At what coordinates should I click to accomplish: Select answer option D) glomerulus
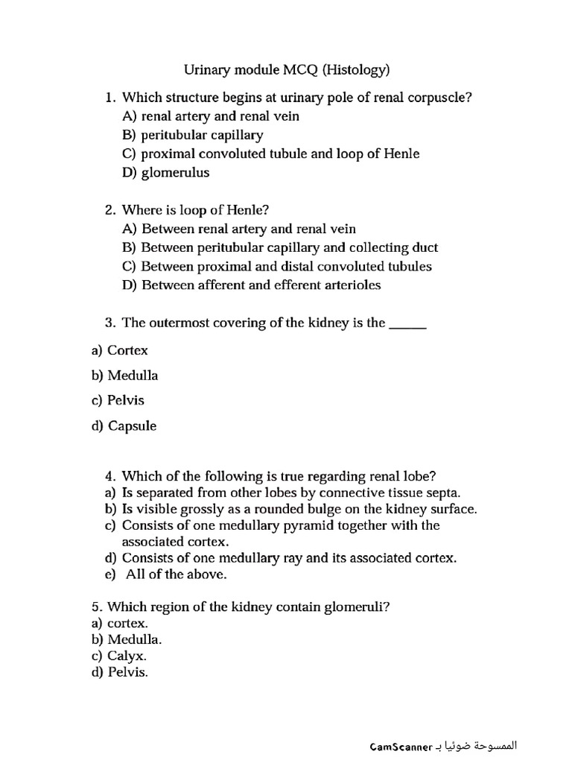(166, 173)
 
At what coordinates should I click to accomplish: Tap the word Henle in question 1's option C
(401, 154)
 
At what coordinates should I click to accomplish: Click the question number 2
(109, 210)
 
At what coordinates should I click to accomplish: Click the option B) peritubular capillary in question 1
(192, 135)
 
